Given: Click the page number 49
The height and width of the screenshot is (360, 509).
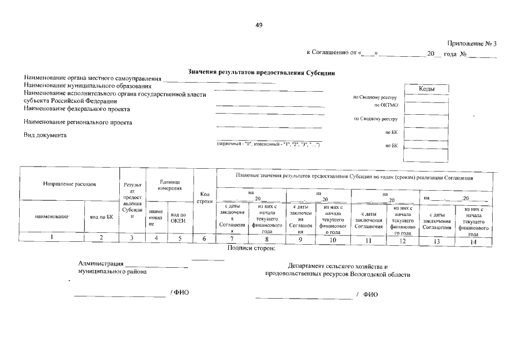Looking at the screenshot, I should click(x=259, y=25).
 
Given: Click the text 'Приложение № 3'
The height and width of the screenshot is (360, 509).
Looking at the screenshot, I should click(x=472, y=43).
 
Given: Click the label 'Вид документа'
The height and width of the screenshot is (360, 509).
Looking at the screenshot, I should click(x=45, y=135).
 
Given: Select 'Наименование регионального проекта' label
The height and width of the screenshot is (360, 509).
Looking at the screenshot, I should click(x=78, y=122).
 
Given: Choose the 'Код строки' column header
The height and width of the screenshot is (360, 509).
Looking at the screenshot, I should click(x=205, y=197).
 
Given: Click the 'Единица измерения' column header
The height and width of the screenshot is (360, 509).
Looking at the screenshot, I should click(x=169, y=184).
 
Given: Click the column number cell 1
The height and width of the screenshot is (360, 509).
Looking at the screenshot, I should click(x=52, y=238).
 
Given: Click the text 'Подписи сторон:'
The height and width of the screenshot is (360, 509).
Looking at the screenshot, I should click(x=251, y=247).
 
